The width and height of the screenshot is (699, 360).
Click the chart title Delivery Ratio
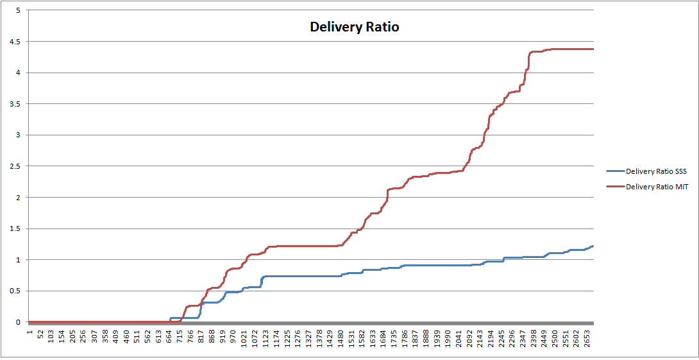pyautogui.click(x=354, y=28)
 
